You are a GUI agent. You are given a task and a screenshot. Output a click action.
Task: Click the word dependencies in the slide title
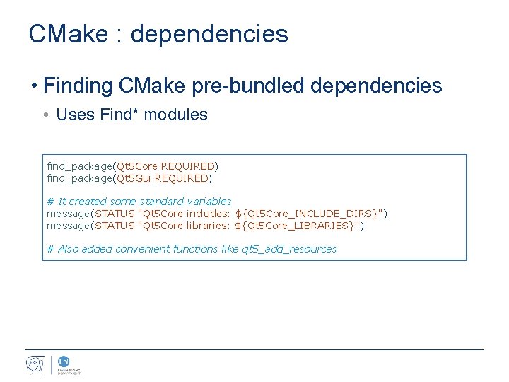209,34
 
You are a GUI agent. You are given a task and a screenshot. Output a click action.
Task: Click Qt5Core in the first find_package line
137,166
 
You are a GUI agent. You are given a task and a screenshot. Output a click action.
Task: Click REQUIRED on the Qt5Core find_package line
187,166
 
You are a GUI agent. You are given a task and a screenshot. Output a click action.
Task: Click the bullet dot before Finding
34,87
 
